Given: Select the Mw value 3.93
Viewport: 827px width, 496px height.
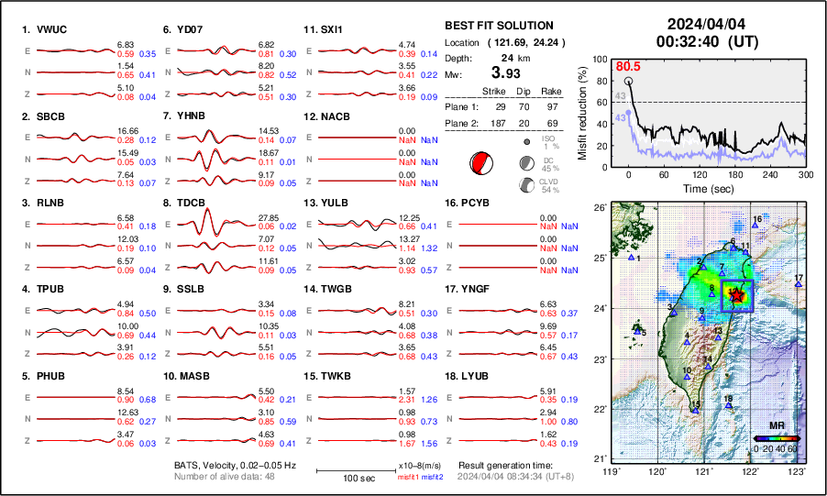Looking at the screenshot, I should (x=509, y=73).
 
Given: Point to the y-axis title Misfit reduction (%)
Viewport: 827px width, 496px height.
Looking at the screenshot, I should (x=582, y=113).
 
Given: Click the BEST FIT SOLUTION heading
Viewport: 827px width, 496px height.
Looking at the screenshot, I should (x=499, y=26).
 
